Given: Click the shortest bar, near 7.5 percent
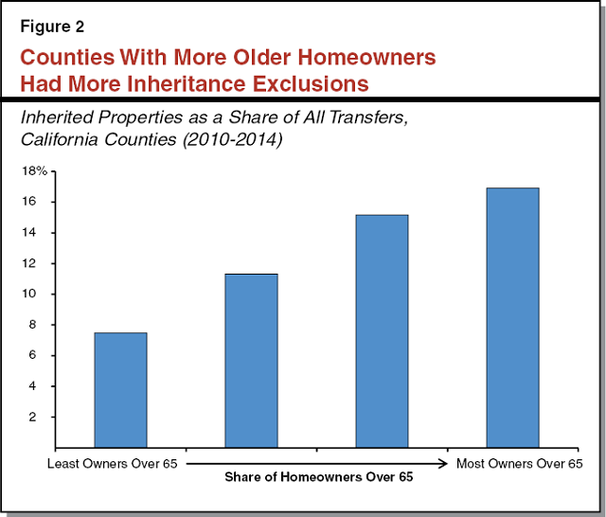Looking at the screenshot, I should point(119,389).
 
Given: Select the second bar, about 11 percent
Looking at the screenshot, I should point(251,360).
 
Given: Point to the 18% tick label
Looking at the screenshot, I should point(34,171).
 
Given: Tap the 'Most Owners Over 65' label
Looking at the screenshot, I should point(519,463).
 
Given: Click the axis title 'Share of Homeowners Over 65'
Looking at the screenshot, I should point(318,477).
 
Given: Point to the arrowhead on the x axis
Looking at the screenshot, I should point(444,463).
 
